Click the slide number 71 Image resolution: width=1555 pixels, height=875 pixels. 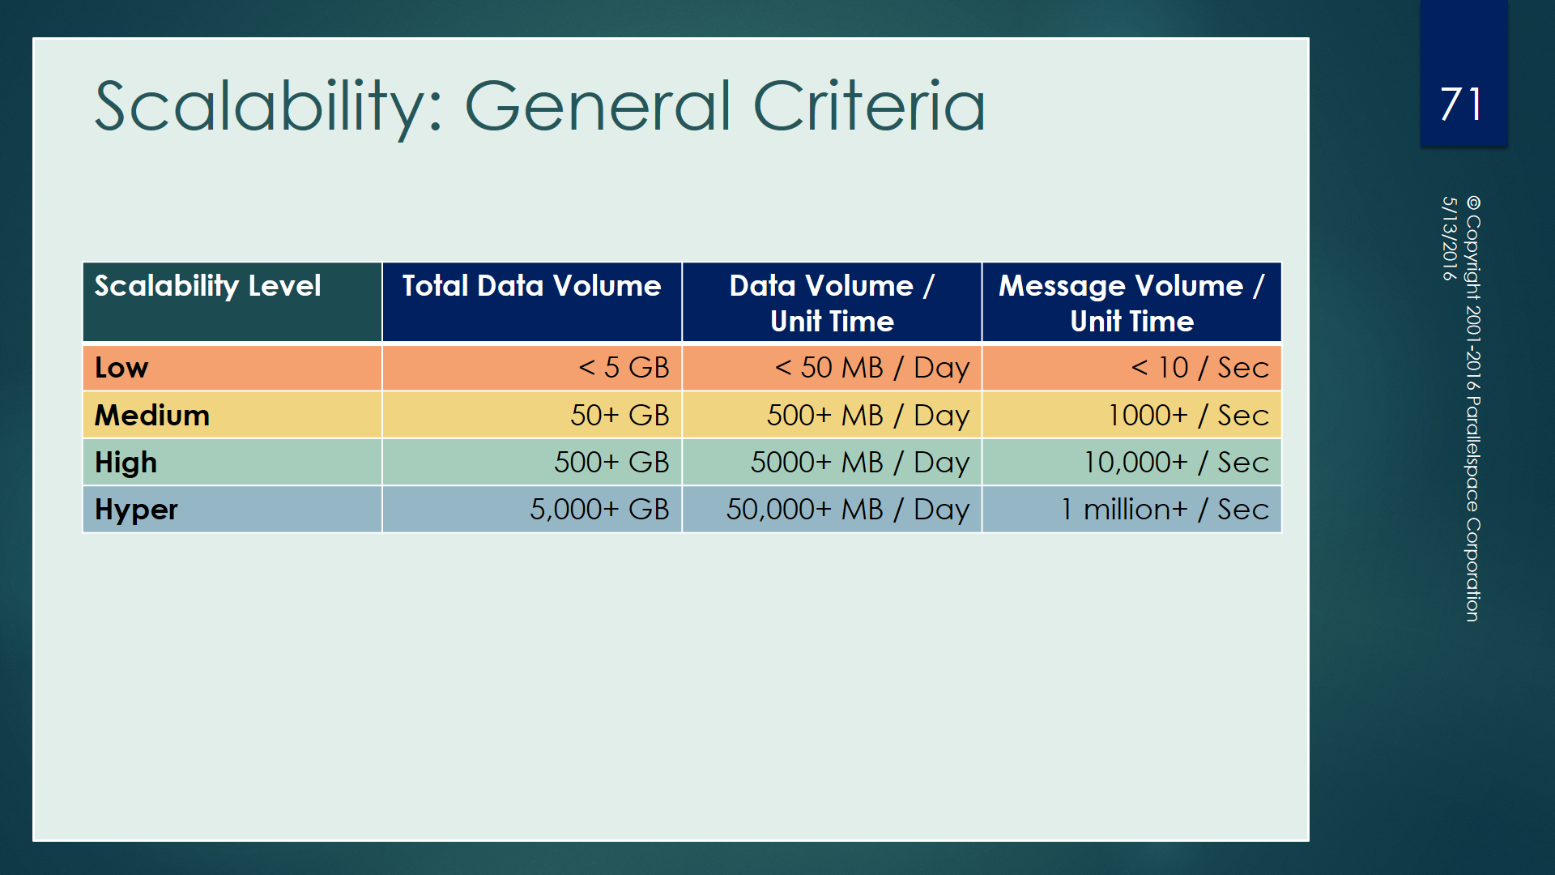pos(1461,105)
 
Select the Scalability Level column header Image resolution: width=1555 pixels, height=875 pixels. pos(207,286)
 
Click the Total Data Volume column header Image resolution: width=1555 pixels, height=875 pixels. pos(531,286)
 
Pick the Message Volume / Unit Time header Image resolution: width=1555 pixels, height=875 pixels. pos(1131,303)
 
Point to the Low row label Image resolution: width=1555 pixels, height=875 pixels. pos(121,368)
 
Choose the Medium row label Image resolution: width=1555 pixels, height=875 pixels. pos(152,416)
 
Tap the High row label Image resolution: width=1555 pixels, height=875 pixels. pos(126,463)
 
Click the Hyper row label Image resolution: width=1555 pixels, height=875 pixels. pos(136,510)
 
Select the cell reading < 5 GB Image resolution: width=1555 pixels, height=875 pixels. pos(624,368)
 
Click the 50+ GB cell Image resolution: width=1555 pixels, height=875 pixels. pos(620,416)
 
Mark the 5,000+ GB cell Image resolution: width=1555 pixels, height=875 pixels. pos(599,510)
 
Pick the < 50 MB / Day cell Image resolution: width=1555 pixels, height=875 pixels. pos(871,368)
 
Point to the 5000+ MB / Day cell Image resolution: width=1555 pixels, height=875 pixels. pos(859,463)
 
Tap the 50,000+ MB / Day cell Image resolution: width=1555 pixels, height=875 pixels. pos(847,510)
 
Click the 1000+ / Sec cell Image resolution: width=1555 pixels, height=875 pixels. pos(1188,416)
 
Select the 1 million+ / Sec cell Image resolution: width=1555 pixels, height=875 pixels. pos(1165,510)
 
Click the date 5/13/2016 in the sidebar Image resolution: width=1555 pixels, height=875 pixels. pos(1449,238)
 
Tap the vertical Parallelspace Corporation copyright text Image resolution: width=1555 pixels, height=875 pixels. pos(1473,409)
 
